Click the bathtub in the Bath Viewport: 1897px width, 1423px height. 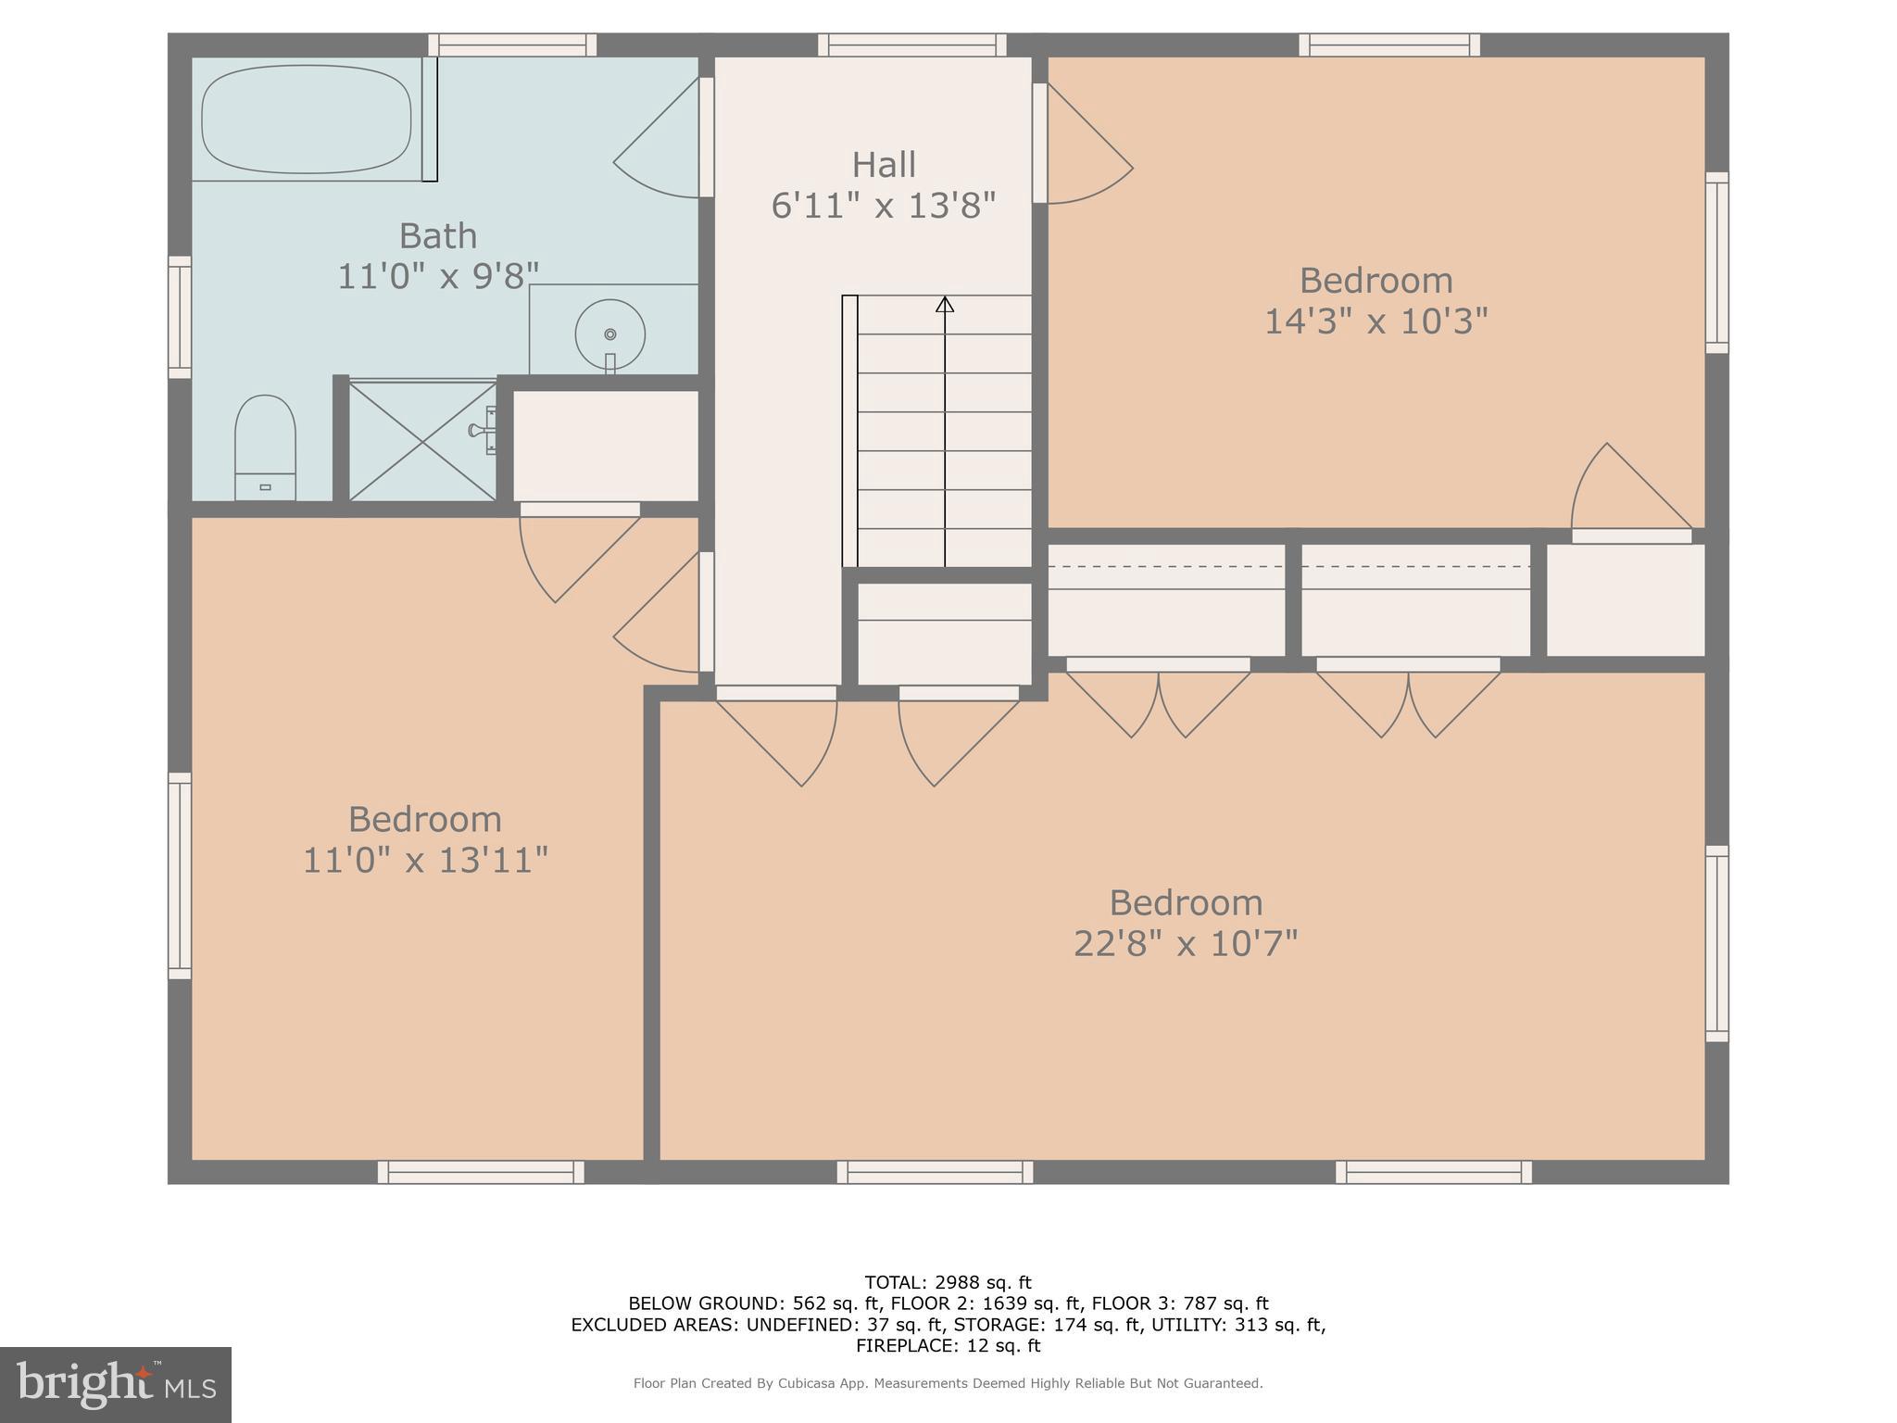click(x=306, y=119)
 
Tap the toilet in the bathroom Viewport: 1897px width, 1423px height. click(x=265, y=448)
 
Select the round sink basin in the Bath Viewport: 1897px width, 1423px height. click(x=609, y=334)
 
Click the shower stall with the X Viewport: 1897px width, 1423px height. click(x=422, y=441)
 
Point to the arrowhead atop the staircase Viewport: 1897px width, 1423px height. click(x=944, y=304)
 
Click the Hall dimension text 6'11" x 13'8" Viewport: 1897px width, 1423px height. click(x=883, y=206)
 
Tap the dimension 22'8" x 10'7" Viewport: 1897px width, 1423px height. click(x=1186, y=944)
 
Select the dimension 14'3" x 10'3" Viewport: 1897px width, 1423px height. click(x=1376, y=321)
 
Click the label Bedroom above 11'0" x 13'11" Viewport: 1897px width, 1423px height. click(x=424, y=819)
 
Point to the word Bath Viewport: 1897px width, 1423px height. click(x=437, y=235)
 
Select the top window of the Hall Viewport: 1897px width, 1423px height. click(x=911, y=44)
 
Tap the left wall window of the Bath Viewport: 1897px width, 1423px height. click(x=179, y=317)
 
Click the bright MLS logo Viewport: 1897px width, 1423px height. click(x=115, y=1384)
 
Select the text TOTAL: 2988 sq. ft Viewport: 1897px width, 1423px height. click(x=948, y=1282)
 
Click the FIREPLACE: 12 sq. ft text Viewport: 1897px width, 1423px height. click(x=948, y=1346)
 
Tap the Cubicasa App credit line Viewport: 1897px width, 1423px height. click(x=948, y=1383)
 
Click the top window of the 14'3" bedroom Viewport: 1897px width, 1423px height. click(x=1388, y=44)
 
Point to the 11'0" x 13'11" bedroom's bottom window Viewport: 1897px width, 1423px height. click(x=481, y=1172)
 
